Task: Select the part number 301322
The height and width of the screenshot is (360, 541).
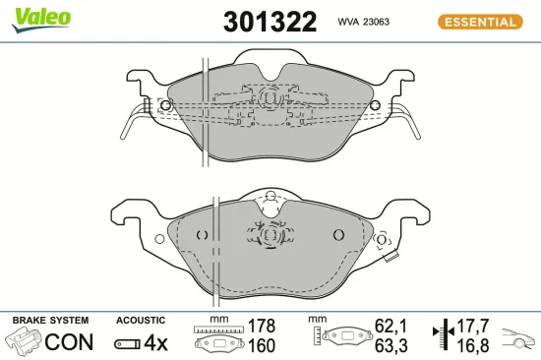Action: tap(270, 21)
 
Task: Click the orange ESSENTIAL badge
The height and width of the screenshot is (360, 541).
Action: tap(478, 22)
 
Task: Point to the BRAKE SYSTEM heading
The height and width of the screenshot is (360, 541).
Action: tap(50, 321)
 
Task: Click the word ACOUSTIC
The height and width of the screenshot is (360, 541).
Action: tap(140, 321)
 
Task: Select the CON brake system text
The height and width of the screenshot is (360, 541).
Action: tap(70, 342)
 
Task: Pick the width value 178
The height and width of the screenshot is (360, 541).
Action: tap(262, 326)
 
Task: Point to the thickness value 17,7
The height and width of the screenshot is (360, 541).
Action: tap(472, 326)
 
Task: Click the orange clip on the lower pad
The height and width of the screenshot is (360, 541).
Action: tap(391, 259)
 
